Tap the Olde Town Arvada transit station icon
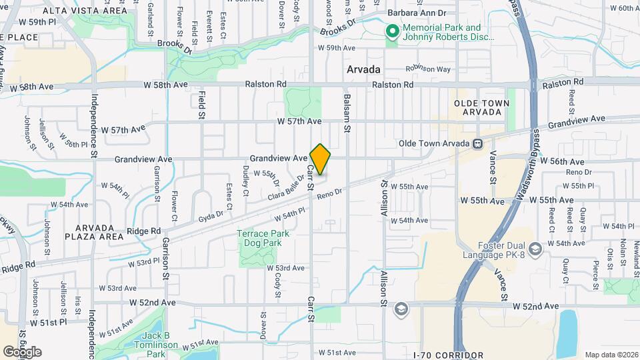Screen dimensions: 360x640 pyautogui.click(x=477, y=143)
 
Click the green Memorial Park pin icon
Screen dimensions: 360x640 pyautogui.click(x=393, y=31)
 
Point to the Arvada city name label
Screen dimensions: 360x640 pyautogui.click(x=363, y=69)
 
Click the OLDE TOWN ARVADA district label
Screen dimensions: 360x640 pyautogui.click(x=481, y=107)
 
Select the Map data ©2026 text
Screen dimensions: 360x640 pyautogui.click(x=611, y=354)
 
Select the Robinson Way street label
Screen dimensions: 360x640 pyautogui.click(x=428, y=69)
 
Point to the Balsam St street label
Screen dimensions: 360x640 pyautogui.click(x=347, y=107)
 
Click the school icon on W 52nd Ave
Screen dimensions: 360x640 pyautogui.click(x=401, y=309)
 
